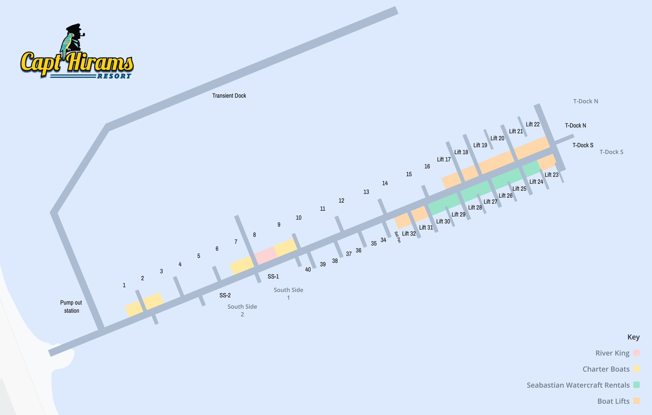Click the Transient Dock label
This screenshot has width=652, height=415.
[x=229, y=96]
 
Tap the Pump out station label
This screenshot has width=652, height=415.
[x=71, y=307]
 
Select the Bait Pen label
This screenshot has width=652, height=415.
[x=398, y=237]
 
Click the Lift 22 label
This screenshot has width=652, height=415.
[x=533, y=124]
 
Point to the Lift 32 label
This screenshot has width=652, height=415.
[x=409, y=234]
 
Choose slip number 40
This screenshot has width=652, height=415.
[x=308, y=270]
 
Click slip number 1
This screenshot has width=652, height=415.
[x=124, y=285]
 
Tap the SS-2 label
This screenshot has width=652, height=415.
[x=225, y=295]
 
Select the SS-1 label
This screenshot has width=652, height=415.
[x=273, y=276]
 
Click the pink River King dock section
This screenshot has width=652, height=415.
[x=265, y=255]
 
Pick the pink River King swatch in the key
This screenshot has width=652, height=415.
[x=636, y=353]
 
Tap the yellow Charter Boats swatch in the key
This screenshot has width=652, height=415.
[x=636, y=369]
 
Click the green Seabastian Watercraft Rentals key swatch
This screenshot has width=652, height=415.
[x=636, y=385]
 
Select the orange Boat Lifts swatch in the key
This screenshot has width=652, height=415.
[x=636, y=401]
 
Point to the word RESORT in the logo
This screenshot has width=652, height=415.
[x=114, y=76]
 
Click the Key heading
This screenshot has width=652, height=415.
[x=633, y=337]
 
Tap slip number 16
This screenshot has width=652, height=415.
[x=427, y=166]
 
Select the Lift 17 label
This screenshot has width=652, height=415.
[x=444, y=159]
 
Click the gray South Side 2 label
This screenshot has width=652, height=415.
[x=242, y=310]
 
